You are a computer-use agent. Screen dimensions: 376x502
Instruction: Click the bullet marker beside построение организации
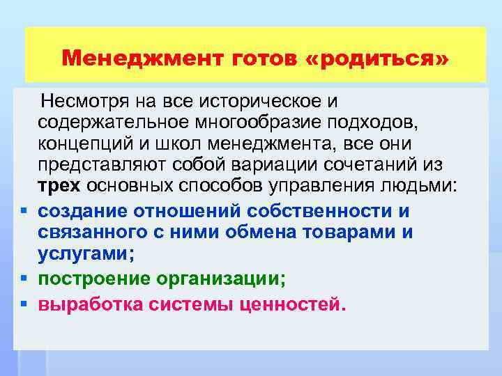coord(24,279)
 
